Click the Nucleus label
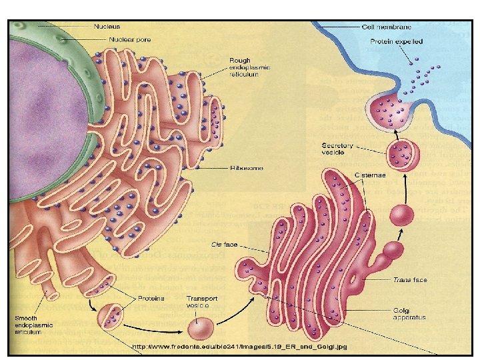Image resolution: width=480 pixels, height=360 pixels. click(107, 27)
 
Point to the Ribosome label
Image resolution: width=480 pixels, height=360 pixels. click(246, 168)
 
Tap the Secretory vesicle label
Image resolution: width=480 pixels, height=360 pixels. click(337, 149)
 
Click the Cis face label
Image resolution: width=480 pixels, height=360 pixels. click(225, 245)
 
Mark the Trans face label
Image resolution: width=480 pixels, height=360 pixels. click(410, 280)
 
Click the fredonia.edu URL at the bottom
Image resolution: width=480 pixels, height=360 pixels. click(239, 347)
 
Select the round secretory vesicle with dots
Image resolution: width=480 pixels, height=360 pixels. click(403, 155)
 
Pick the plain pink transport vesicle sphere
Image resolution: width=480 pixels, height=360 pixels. click(201, 328)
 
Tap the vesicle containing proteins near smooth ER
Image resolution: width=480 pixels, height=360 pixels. click(111, 315)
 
